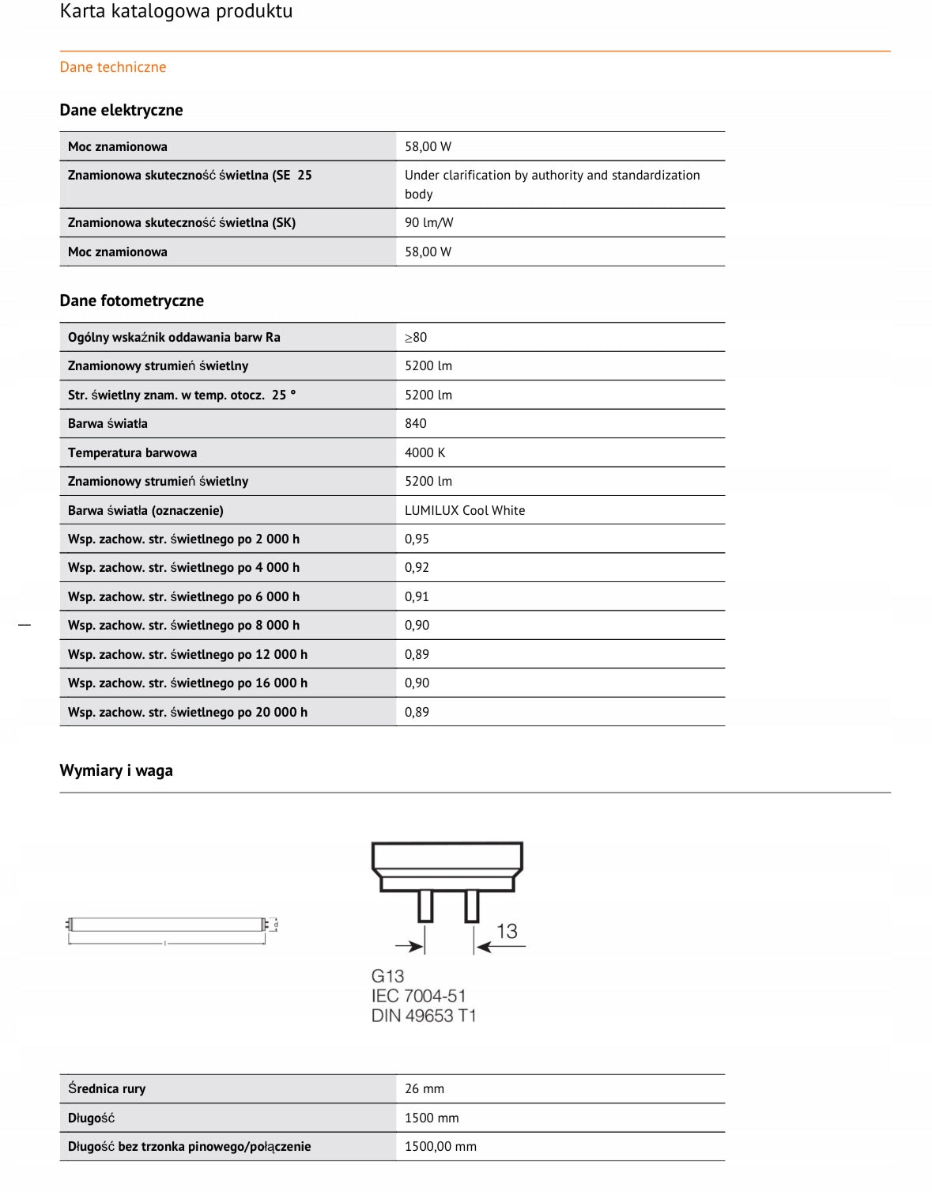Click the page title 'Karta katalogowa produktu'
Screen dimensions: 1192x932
176,12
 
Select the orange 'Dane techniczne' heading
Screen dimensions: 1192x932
113,67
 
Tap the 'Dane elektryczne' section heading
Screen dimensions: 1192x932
121,110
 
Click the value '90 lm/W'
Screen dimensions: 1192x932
429,223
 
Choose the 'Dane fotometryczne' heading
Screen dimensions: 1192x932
131,301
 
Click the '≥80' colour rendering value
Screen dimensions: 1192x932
416,338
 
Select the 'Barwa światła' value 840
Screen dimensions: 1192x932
416,424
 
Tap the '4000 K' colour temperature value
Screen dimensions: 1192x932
425,453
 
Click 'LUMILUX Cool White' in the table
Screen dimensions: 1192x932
465,511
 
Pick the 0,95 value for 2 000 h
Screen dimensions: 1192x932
417,539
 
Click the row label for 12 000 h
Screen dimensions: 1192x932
187,655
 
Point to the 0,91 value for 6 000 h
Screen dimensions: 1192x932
417,597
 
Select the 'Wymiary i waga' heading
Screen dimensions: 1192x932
116,770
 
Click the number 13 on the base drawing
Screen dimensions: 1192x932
507,932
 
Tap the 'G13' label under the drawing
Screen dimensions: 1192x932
387,977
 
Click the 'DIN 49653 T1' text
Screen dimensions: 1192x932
424,1016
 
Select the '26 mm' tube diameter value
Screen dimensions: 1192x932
424,1089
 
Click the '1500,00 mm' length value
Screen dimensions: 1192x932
440,1147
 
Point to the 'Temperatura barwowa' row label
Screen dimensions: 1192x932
132,453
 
